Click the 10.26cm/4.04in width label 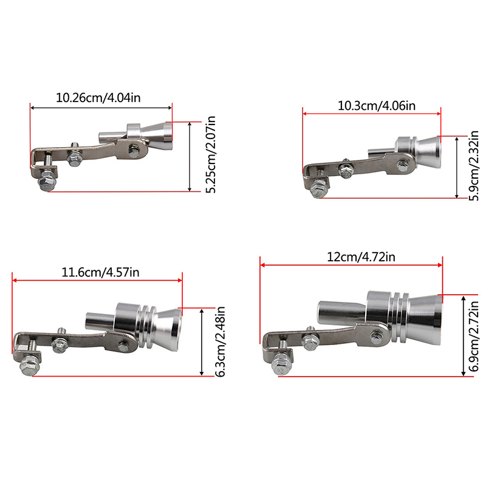98,98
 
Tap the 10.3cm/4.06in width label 376,106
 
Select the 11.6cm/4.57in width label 100,272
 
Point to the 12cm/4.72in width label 361,257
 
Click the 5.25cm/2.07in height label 210,155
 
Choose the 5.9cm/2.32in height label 474,166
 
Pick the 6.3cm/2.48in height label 220,341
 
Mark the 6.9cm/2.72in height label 474,337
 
